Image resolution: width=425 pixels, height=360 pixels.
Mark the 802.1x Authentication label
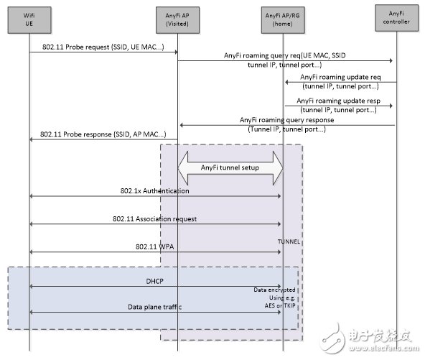tap(155, 191)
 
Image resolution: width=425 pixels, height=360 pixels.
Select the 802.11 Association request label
tap(154, 218)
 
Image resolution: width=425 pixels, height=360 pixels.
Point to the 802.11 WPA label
tap(155, 246)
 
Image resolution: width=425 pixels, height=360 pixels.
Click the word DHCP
tap(155, 281)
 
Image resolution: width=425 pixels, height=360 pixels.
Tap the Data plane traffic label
tap(154, 308)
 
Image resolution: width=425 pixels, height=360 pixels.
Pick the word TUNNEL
tap(289, 242)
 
